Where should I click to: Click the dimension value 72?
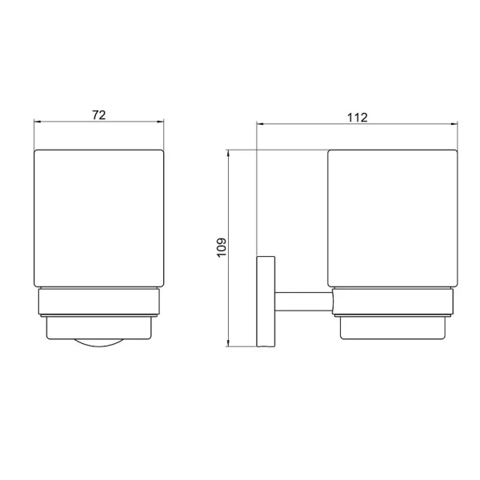click(x=98, y=114)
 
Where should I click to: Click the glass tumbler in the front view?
click(x=98, y=216)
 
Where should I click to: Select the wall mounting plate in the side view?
click(x=265, y=301)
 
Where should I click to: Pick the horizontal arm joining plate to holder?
click(x=302, y=302)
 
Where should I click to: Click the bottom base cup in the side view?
click(x=391, y=329)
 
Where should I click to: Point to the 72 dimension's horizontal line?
click(x=72, y=123)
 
